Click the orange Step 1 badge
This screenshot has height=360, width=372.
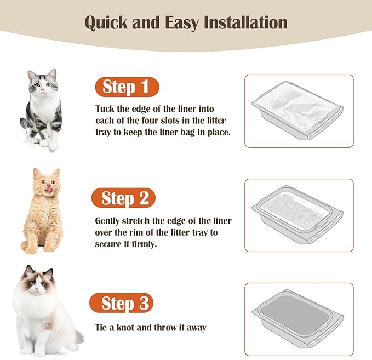pyautogui.click(x=126, y=87)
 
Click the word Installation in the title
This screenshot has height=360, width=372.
pyautogui.click(x=245, y=23)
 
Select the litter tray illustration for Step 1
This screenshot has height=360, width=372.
pyautogui.click(x=299, y=111)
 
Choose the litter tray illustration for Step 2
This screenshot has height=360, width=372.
pyautogui.click(x=299, y=215)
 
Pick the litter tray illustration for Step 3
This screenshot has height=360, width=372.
pyautogui.click(x=299, y=319)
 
